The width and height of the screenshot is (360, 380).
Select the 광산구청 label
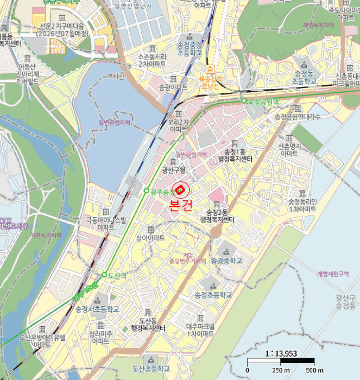[174, 170]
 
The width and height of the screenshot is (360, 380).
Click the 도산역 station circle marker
[104, 275]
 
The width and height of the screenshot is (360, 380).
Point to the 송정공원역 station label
[263, 102]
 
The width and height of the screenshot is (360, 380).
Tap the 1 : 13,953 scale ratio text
[280, 353]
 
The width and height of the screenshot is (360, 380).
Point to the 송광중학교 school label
[225, 261]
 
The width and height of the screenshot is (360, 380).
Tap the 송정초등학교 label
[213, 295]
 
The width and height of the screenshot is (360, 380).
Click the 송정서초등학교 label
[97, 309]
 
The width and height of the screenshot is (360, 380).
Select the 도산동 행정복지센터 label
[148, 325]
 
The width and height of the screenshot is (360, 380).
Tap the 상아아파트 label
[150, 238]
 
